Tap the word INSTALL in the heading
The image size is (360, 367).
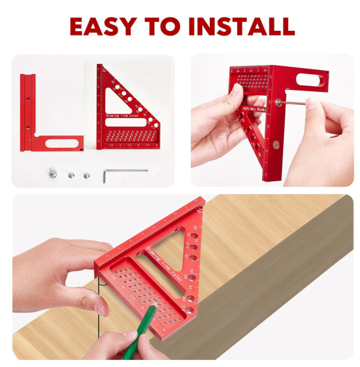pos(242,26)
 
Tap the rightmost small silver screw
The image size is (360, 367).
pos(85,175)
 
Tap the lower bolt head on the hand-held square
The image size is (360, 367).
pos(275,144)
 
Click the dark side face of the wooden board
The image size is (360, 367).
pos(282,283)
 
